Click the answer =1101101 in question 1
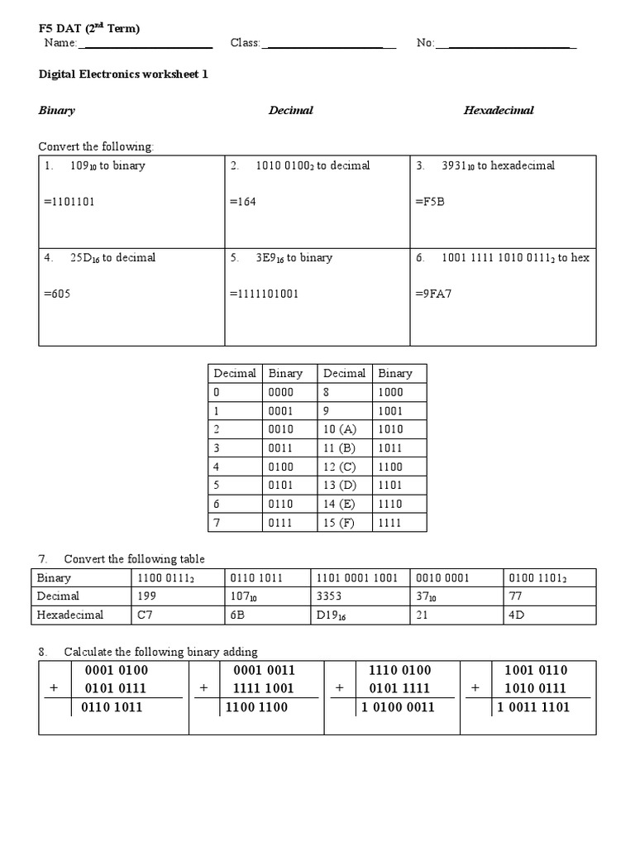[x=70, y=202]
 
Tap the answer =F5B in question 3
[x=430, y=202]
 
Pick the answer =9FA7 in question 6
[x=434, y=294]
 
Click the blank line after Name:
[x=146, y=43]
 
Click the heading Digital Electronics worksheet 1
[x=123, y=74]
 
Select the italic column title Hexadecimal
[x=499, y=110]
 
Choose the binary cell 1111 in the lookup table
[x=390, y=523]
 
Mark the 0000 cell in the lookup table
[x=281, y=392]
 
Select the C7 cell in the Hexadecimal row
[x=144, y=615]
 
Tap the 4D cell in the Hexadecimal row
[x=518, y=615]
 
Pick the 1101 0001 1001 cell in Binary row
[x=356, y=577]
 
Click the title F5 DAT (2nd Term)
[x=89, y=29]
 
